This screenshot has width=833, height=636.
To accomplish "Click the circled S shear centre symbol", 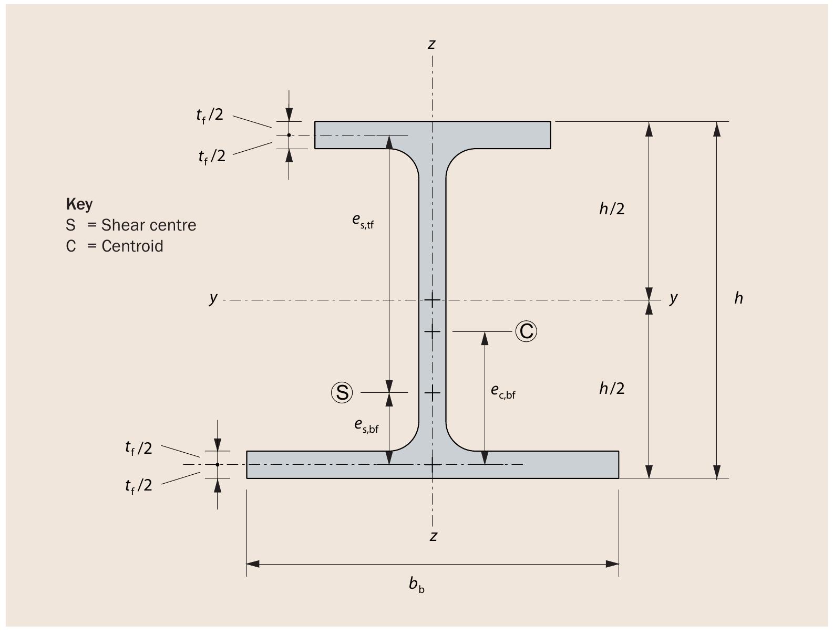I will (x=342, y=392).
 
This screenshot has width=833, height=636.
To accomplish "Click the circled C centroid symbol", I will (x=526, y=331).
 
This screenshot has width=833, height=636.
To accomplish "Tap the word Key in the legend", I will (x=79, y=204).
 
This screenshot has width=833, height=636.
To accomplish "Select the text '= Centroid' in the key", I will (x=126, y=246).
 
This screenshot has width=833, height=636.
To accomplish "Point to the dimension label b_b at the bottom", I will (x=417, y=584).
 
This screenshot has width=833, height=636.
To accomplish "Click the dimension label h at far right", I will (x=738, y=298).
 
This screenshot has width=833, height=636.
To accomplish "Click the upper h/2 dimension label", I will (x=612, y=208).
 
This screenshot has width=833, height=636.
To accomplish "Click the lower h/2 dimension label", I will (x=612, y=388).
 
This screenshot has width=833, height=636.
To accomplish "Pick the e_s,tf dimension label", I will (x=363, y=221).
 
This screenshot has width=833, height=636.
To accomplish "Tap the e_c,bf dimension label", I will (x=503, y=391).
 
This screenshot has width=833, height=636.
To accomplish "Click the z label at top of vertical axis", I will (x=431, y=44).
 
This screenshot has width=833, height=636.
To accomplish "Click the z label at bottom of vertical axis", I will (x=433, y=536).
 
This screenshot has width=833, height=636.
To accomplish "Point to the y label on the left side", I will (x=213, y=298).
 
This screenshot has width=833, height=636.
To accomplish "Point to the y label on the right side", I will (x=674, y=298).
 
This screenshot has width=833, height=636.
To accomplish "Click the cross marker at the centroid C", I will (x=432, y=331).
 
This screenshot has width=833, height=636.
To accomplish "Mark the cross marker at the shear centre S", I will (x=432, y=392).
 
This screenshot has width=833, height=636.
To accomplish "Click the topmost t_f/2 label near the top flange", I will (x=210, y=115).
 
